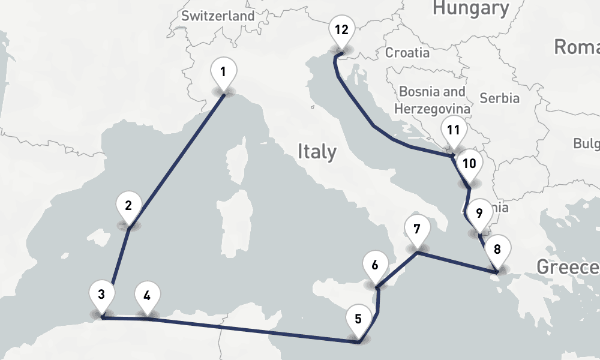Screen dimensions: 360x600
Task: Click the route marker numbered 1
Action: [223, 73]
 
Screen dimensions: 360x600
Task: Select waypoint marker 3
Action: [101, 295]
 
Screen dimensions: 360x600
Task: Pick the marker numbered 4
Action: [148, 295]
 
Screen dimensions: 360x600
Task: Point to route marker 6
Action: [375, 265]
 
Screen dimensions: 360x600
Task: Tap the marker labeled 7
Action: [417, 229]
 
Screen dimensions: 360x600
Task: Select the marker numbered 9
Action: [479, 213]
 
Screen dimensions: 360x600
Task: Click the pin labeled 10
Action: [469, 164]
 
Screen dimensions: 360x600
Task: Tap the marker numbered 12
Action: [341, 30]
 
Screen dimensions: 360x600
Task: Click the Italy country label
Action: [317, 152]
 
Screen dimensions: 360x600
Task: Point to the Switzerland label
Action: [218, 16]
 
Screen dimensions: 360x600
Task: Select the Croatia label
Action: [407, 52]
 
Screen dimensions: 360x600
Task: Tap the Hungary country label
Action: [470, 8]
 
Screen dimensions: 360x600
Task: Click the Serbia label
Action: [500, 98]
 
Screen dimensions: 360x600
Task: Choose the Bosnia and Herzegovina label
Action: [432, 100]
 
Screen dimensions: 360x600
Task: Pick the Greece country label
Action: [568, 267]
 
